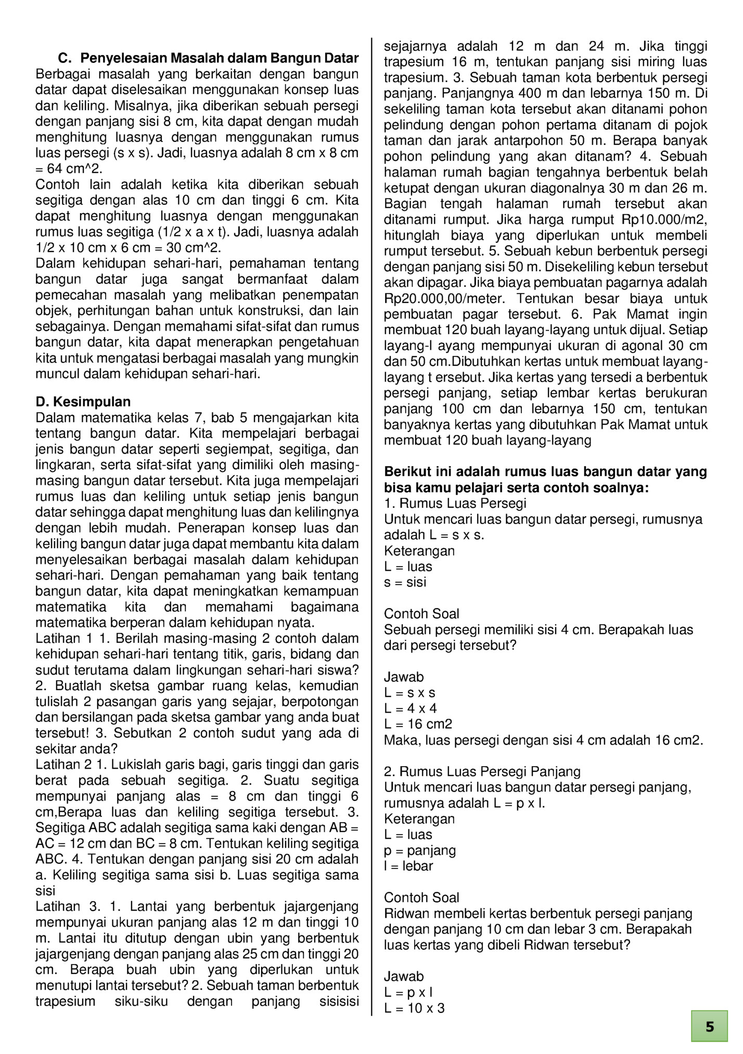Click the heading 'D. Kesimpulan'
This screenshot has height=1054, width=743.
coord(83,402)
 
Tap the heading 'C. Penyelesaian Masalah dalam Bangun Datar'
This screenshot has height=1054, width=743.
coord(208,58)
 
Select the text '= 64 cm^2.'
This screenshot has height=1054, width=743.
coord(69,169)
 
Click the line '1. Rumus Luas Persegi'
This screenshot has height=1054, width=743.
coord(455,504)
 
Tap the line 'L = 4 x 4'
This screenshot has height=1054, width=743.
coord(411,708)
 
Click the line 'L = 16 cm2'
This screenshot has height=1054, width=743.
coord(418,724)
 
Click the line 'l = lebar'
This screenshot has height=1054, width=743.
coord(408,866)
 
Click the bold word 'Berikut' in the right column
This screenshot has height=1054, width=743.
coord(405,472)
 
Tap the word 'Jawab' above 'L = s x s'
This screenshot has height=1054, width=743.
coord(404,677)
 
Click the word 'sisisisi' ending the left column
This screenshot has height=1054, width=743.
coord(338,1002)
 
